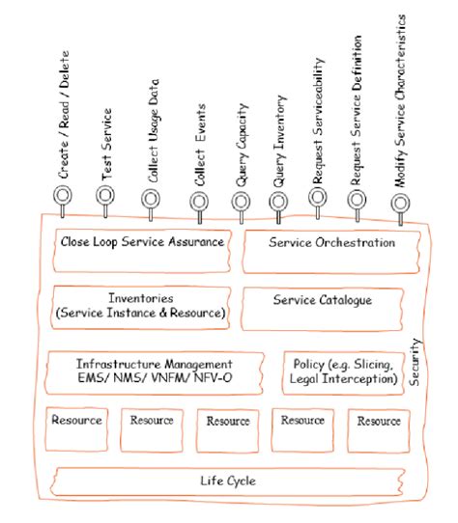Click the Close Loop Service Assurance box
coord(142,242)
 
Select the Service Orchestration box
coord(331,243)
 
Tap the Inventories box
coord(140,306)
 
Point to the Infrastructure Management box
coord(155,372)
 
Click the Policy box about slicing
coord(343,372)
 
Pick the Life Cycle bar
coord(232,480)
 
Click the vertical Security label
coord(415,362)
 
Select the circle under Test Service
coord(105,196)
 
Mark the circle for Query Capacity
coord(241,200)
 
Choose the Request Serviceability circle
coord(317,197)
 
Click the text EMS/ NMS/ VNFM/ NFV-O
coord(155,379)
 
